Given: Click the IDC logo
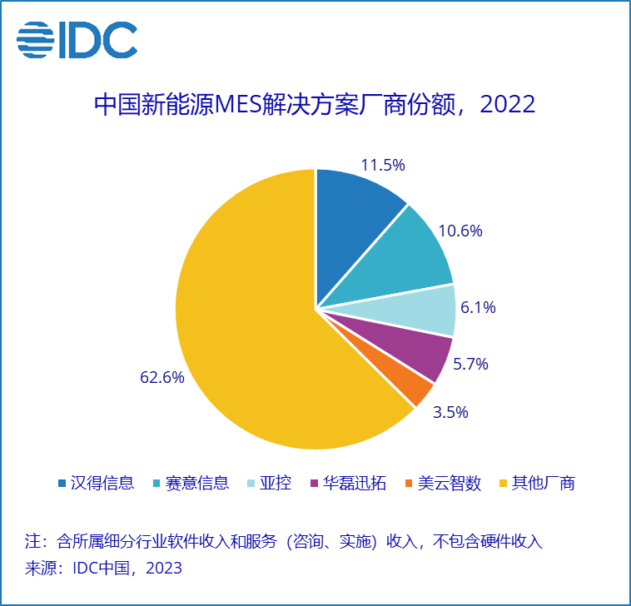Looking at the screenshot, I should (77, 39).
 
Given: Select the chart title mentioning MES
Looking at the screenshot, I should (315, 106).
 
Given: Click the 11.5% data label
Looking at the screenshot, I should (383, 165).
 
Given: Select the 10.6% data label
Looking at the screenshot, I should (460, 231).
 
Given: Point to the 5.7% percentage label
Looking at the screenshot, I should (470, 364).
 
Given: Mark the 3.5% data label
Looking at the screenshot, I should (450, 412).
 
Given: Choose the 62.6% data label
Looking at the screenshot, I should (161, 377).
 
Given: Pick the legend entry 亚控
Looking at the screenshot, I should (276, 483).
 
